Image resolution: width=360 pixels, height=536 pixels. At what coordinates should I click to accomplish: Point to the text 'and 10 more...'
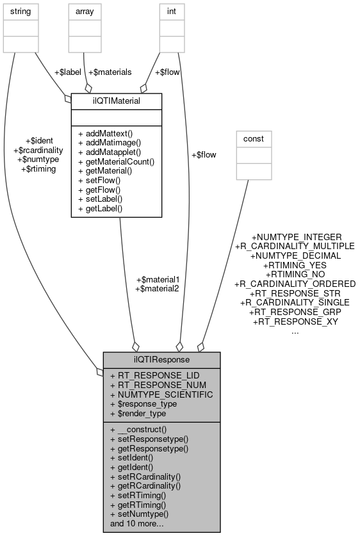coord(137,523)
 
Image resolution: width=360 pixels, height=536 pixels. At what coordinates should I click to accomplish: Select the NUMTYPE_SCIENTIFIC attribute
coord(161,394)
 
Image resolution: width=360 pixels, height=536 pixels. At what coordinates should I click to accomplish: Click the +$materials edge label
coord(110,72)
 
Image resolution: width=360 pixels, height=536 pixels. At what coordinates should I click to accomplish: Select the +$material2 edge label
coord(158,289)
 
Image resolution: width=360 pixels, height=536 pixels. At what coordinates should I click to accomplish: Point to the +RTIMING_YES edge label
coord(295,264)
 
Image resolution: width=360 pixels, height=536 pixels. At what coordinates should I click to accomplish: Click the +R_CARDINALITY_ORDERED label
coord(295,283)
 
